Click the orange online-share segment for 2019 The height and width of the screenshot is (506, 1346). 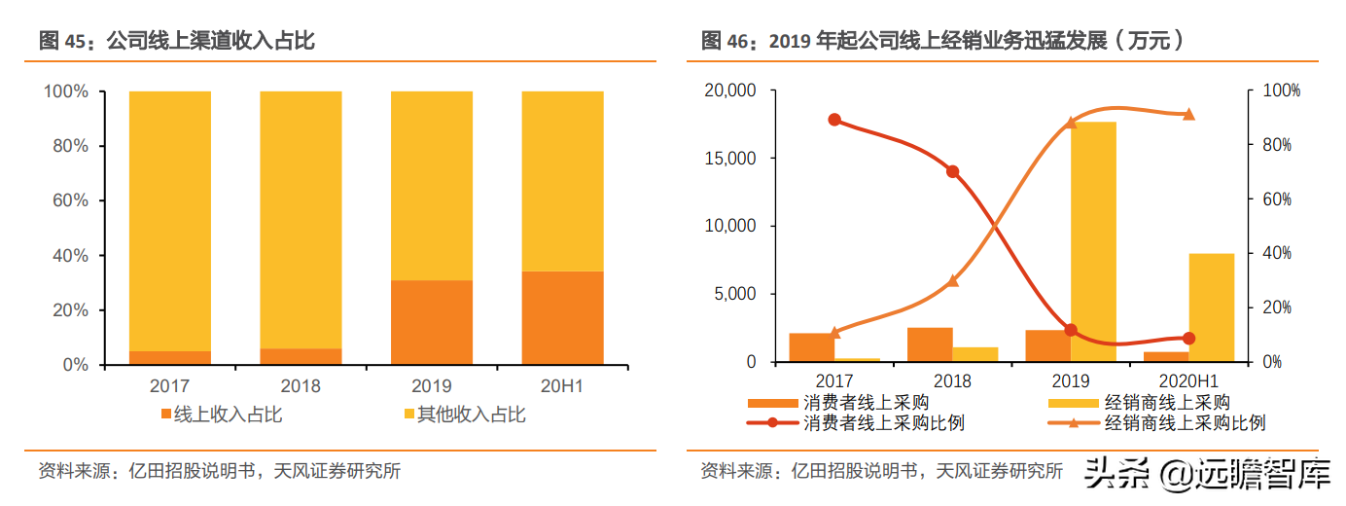432,322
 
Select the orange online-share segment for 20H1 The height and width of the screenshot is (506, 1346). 562,317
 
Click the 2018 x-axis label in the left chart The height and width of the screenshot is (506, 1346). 301,385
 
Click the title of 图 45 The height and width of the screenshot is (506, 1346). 176,41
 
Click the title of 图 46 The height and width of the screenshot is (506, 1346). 941,41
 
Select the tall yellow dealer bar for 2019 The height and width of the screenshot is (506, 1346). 1093,241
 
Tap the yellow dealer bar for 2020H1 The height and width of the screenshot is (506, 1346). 1211,307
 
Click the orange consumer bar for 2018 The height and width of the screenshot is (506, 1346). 930,344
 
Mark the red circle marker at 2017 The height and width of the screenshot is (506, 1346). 834,120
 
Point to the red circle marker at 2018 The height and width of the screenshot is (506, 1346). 952,171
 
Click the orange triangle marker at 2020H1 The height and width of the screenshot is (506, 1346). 1188,114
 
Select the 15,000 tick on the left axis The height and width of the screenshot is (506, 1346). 728,158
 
